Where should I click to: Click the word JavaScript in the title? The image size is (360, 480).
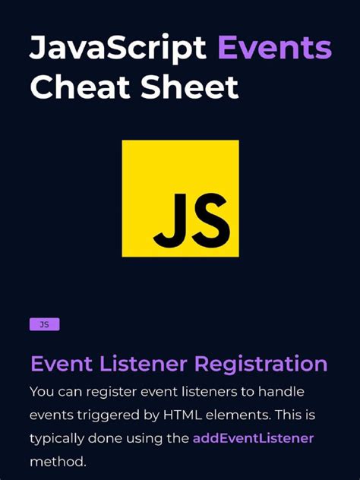[118, 48]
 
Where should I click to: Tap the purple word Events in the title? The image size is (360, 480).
[274, 48]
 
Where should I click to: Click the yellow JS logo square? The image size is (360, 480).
[180, 198]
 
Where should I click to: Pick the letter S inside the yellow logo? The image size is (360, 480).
[208, 220]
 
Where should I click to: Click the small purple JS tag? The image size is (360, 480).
[44, 324]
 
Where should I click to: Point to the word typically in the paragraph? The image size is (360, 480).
[58, 439]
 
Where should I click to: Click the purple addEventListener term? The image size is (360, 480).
[253, 439]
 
